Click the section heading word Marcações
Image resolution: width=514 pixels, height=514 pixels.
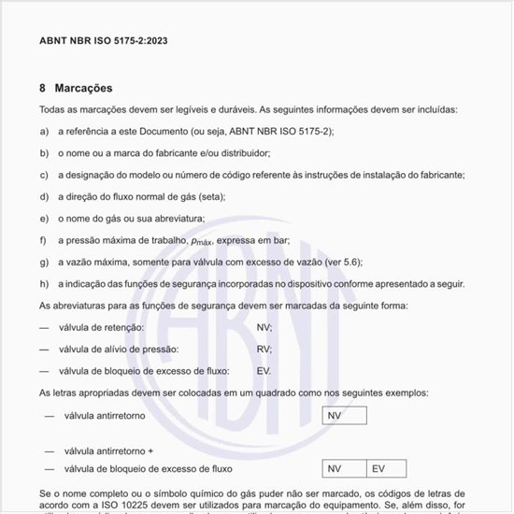click(x=83, y=89)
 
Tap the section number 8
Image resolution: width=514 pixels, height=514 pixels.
click(x=43, y=89)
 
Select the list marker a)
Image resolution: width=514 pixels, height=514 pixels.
click(x=44, y=132)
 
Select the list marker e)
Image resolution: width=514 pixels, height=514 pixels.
click(x=44, y=218)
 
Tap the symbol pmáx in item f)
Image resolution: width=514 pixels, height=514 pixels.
click(x=200, y=240)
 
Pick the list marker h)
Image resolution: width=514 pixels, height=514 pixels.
click(x=44, y=283)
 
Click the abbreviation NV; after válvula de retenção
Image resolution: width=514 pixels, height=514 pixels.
click(x=264, y=328)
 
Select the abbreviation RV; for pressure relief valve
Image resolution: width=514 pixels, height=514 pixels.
click(x=264, y=350)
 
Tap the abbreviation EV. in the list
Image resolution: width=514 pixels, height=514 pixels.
click(x=264, y=371)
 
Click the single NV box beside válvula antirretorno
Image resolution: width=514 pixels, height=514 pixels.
click(x=344, y=416)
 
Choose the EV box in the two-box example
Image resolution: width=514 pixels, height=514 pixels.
click(x=385, y=468)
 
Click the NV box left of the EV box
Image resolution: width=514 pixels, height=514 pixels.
click(x=344, y=468)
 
